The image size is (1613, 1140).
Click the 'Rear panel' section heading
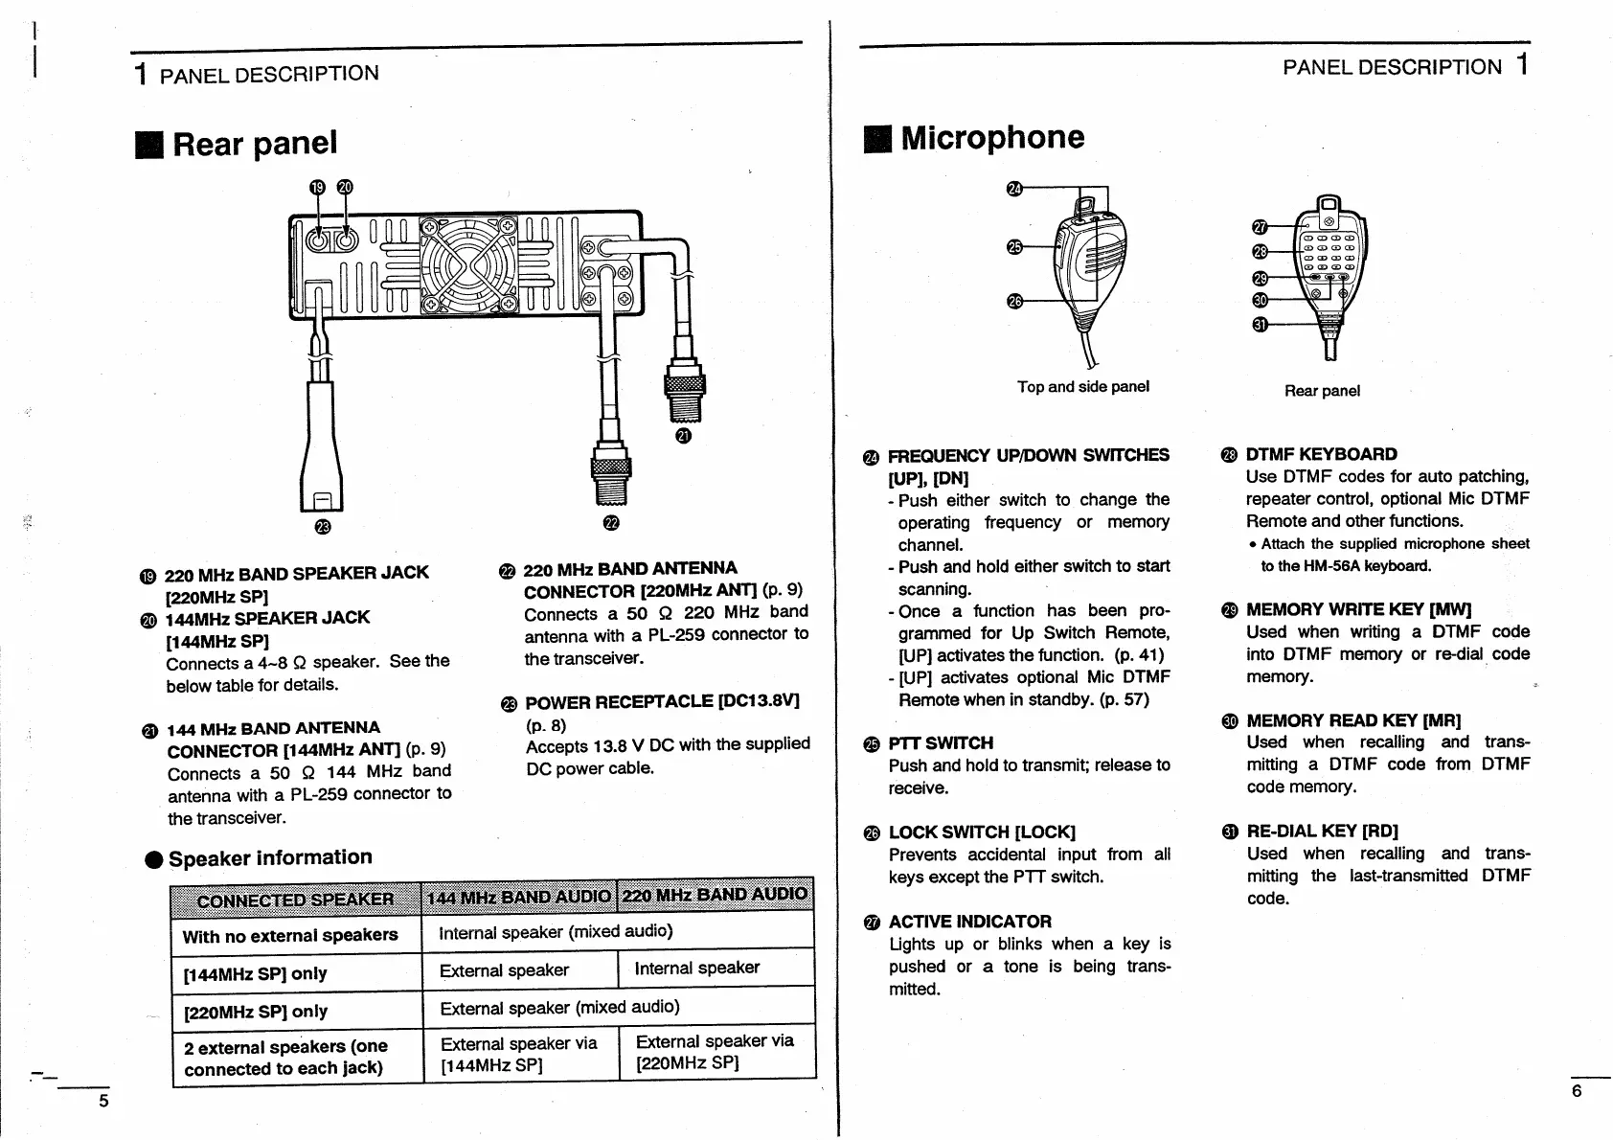click(x=254, y=144)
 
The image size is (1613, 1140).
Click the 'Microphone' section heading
click(x=991, y=138)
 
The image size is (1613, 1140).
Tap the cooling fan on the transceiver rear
click(x=468, y=263)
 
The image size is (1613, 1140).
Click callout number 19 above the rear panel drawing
click(x=317, y=188)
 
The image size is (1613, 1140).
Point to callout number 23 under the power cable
click(x=322, y=526)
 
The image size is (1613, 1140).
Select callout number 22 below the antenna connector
click(x=611, y=522)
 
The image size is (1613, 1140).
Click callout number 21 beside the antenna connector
click(x=682, y=437)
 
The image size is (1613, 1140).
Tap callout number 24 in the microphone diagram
click(x=1015, y=189)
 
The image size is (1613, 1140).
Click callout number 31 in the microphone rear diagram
click(x=1261, y=325)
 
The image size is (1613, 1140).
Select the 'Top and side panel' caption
click(x=1082, y=387)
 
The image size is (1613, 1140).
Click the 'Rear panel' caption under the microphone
click(x=1322, y=391)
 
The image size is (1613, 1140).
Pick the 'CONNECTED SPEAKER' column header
click(x=295, y=900)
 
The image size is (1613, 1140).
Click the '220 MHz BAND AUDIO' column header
click(x=715, y=895)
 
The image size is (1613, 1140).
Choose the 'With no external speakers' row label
click(x=290, y=936)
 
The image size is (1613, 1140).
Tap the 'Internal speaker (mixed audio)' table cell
click(x=556, y=932)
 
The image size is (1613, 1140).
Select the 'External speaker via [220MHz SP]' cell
click(x=715, y=1052)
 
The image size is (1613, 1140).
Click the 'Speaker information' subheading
click(x=269, y=858)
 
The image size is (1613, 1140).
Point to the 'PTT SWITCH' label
click(x=941, y=743)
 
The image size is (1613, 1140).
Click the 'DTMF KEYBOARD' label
click(x=1321, y=454)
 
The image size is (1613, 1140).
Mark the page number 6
click(x=1578, y=1092)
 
